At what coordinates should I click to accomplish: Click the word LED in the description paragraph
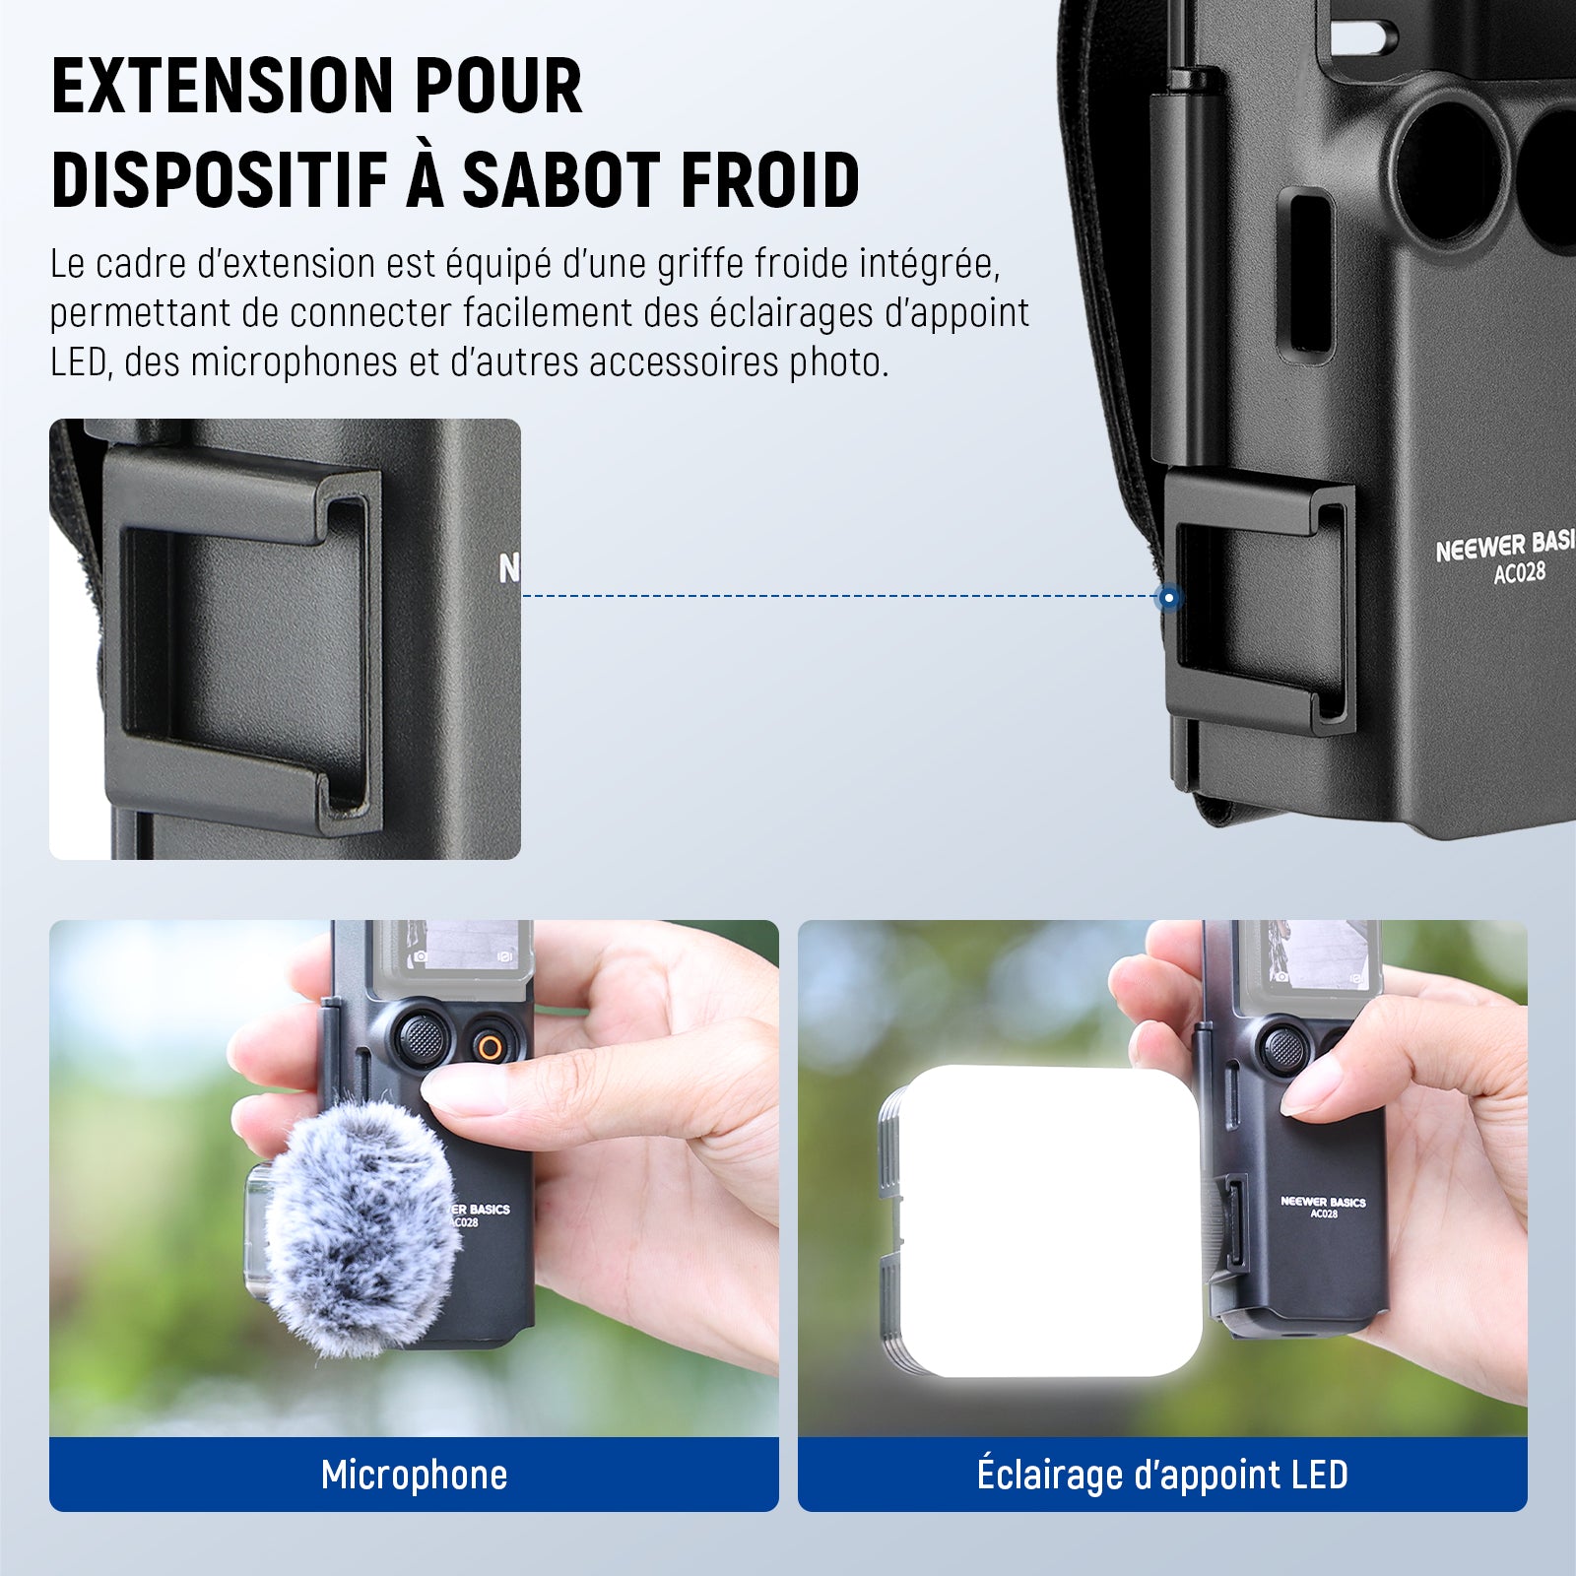(x=79, y=362)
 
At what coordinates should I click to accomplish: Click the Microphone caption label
(x=415, y=1475)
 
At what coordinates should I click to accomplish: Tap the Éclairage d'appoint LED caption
(x=1162, y=1474)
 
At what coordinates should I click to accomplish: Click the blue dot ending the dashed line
(x=1168, y=597)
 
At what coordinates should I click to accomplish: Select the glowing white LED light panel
(x=1049, y=1221)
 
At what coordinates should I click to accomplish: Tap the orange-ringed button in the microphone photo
(x=488, y=1047)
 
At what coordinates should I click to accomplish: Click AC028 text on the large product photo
(x=1519, y=571)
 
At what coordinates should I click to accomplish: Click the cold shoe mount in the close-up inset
(x=241, y=640)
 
